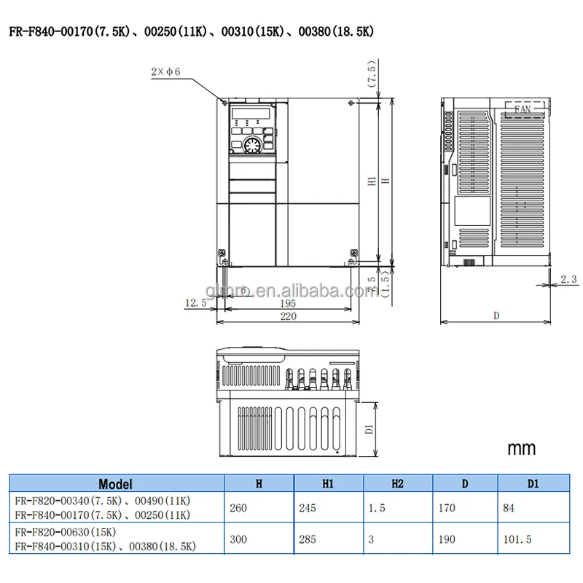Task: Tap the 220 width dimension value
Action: (x=289, y=316)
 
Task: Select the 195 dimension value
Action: (x=289, y=303)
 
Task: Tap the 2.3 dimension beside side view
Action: (x=569, y=279)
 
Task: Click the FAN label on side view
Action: (x=523, y=109)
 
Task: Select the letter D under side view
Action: (x=496, y=316)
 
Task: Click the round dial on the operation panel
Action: (x=251, y=144)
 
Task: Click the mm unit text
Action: (x=521, y=447)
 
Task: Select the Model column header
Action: (x=115, y=484)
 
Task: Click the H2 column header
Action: (x=397, y=484)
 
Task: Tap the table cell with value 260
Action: (x=238, y=508)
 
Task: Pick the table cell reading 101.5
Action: (x=520, y=540)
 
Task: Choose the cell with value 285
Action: (x=308, y=540)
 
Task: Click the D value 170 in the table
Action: (x=447, y=508)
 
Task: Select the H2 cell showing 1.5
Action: (x=377, y=508)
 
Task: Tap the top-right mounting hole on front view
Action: (x=351, y=103)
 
